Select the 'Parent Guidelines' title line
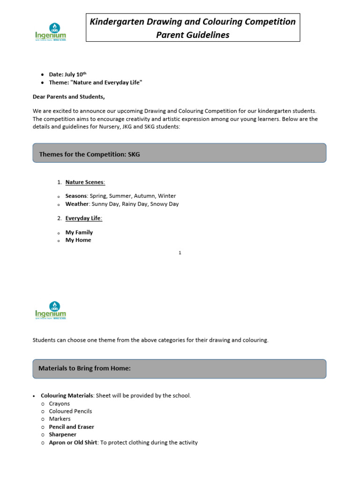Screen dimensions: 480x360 click(193, 35)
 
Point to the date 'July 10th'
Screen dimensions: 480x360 click(75, 75)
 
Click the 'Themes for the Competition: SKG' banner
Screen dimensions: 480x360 click(179, 153)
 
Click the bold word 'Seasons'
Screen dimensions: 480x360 click(76, 196)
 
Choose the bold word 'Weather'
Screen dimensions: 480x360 click(77, 204)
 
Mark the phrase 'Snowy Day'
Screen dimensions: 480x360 click(164, 204)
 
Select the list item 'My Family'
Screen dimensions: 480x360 click(79, 232)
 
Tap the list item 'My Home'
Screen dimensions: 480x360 click(78, 240)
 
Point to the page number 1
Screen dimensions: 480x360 click(180, 253)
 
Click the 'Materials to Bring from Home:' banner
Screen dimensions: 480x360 click(179, 369)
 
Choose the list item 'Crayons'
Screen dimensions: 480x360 click(59, 404)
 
